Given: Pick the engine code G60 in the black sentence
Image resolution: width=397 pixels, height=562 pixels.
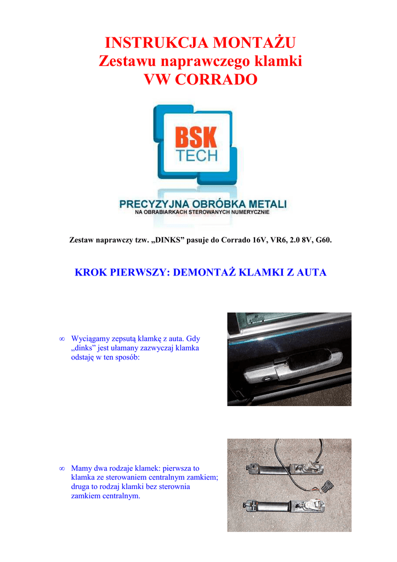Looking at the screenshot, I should click(322, 240).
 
